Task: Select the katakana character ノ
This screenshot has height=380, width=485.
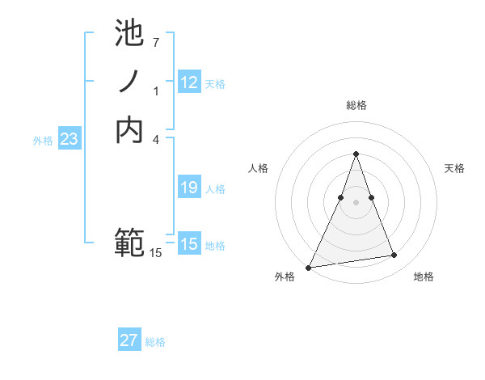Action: [129, 82]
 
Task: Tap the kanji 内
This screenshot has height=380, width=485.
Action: [129, 130]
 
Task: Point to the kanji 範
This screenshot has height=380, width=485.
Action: [129, 242]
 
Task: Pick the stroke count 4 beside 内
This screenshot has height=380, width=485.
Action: [155, 139]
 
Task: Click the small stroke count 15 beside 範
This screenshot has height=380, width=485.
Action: [155, 253]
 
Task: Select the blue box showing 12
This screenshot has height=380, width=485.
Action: [189, 82]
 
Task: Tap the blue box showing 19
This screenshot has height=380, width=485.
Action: [189, 188]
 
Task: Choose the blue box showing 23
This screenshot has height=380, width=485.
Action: [70, 139]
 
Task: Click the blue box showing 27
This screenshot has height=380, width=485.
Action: [129, 340]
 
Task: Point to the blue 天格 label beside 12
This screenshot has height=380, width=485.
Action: [215, 84]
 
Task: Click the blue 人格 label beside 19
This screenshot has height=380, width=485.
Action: [215, 189]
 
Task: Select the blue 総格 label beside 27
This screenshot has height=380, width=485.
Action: [155, 342]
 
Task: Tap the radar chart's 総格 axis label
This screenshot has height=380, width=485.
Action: [356, 105]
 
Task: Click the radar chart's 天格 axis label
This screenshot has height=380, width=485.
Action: [454, 168]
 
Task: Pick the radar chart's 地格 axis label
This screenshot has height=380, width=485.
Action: [424, 277]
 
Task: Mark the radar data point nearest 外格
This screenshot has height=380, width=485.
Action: [309, 267]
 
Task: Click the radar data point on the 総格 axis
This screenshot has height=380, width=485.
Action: [356, 154]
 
